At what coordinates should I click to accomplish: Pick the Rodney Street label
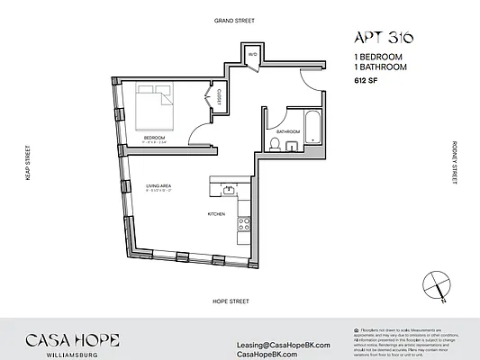[456, 163]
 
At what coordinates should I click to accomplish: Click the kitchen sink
[229, 189]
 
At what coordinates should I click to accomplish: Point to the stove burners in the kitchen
[242, 225]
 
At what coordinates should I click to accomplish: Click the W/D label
[253, 56]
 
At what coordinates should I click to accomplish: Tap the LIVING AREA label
[158, 186]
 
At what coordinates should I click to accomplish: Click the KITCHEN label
[215, 213]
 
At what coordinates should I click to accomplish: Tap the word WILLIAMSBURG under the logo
[59, 355]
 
